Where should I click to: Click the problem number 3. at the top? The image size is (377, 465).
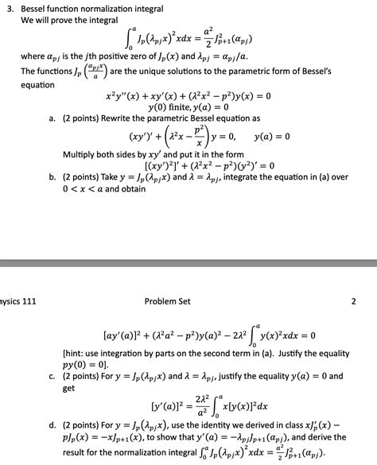(10, 7)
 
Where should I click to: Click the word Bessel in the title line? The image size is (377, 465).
(37, 7)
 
